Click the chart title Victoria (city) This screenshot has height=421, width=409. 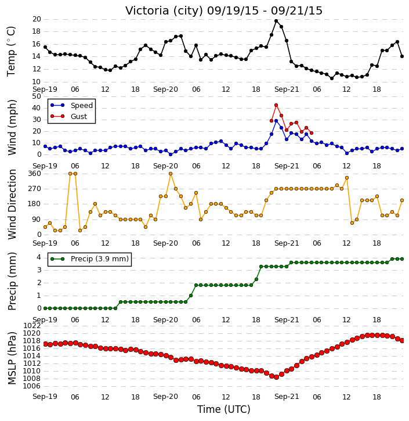[164, 10]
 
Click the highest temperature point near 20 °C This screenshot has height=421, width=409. [276, 21]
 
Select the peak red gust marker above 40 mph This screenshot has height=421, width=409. [276, 105]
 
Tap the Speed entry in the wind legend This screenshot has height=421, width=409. [82, 106]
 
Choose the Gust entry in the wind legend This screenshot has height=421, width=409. [79, 117]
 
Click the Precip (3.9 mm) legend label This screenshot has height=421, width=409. [100, 259]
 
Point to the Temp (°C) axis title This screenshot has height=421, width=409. [11, 52]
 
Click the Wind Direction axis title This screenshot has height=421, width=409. [12, 204]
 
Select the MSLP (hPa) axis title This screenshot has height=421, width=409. [12, 358]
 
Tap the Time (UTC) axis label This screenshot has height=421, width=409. [224, 409]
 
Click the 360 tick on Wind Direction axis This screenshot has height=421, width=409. [35, 174]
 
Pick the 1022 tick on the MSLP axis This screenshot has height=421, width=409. [32, 326]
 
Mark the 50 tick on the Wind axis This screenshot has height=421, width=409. [37, 96]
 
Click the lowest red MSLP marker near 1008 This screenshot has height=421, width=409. [276, 377]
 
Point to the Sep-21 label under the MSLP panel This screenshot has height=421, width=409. [287, 397]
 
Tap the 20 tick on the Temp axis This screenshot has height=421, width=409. [37, 19]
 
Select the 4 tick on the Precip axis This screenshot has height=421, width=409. [39, 257]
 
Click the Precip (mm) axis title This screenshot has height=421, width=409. [12, 282]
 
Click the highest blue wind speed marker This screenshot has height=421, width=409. [276, 121]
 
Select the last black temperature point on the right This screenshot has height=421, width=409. [402, 56]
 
